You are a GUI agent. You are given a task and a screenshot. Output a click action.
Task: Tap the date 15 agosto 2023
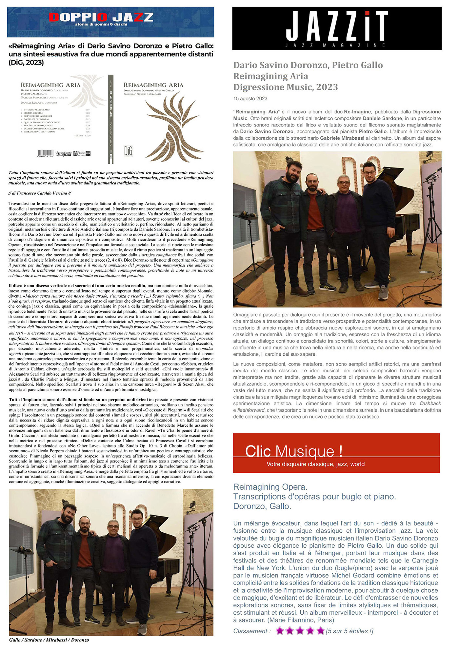point(250,99)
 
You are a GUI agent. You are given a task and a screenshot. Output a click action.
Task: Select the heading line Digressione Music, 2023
point(285,87)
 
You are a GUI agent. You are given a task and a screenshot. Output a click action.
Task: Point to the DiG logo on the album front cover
point(128,151)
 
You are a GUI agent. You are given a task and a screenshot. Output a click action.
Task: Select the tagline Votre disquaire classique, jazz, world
point(315,464)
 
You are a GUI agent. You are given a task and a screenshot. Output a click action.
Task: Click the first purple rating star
point(280,631)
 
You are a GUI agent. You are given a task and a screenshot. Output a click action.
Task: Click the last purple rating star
point(320,631)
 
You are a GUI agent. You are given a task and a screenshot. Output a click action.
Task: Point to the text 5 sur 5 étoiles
point(349,631)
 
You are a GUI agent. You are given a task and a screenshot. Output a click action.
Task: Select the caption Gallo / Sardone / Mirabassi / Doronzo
point(49,640)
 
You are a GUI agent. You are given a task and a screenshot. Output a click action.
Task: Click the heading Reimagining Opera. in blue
point(270,487)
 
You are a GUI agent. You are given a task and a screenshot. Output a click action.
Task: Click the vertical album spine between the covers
point(110,120)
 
